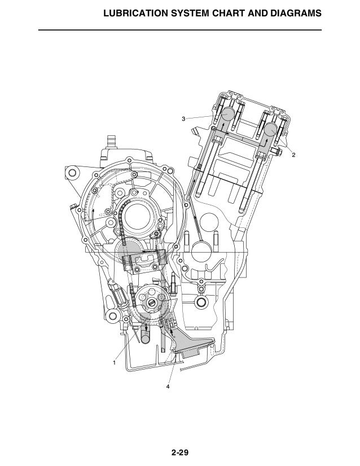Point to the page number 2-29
tap(180, 452)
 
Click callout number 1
tap(114, 363)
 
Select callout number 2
tap(293, 155)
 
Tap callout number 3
tap(183, 119)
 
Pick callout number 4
tap(168, 386)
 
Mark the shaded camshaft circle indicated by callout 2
tap(271, 130)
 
